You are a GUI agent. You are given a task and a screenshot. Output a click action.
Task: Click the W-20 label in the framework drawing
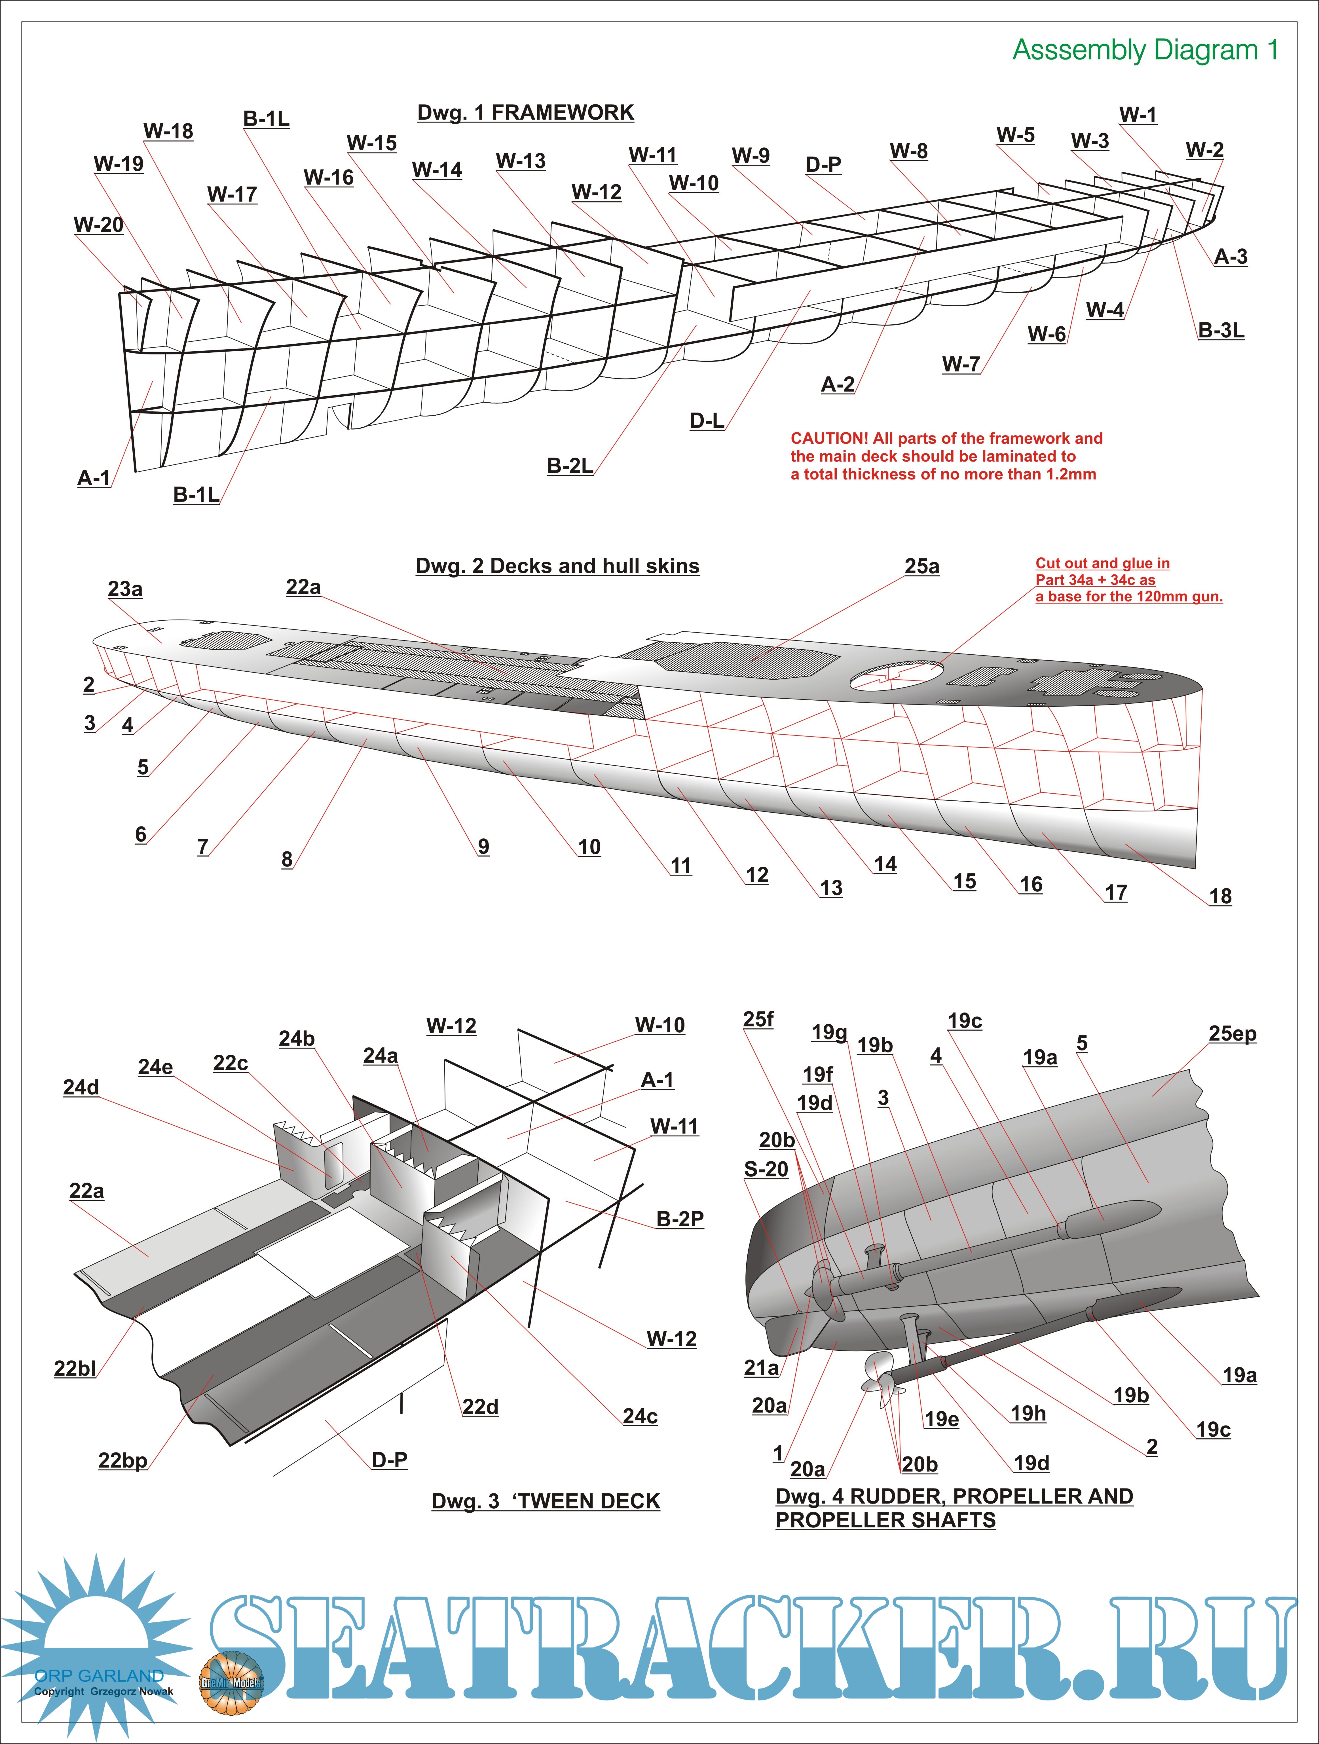99,225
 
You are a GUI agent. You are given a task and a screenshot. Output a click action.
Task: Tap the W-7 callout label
960,364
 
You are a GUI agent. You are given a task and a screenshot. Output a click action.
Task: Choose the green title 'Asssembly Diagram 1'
1145,50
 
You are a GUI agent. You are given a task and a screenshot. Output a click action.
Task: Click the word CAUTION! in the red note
829,438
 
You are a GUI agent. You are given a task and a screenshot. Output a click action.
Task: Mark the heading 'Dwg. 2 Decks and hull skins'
557,566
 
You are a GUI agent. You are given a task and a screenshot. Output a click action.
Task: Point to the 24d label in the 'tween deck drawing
81,1087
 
